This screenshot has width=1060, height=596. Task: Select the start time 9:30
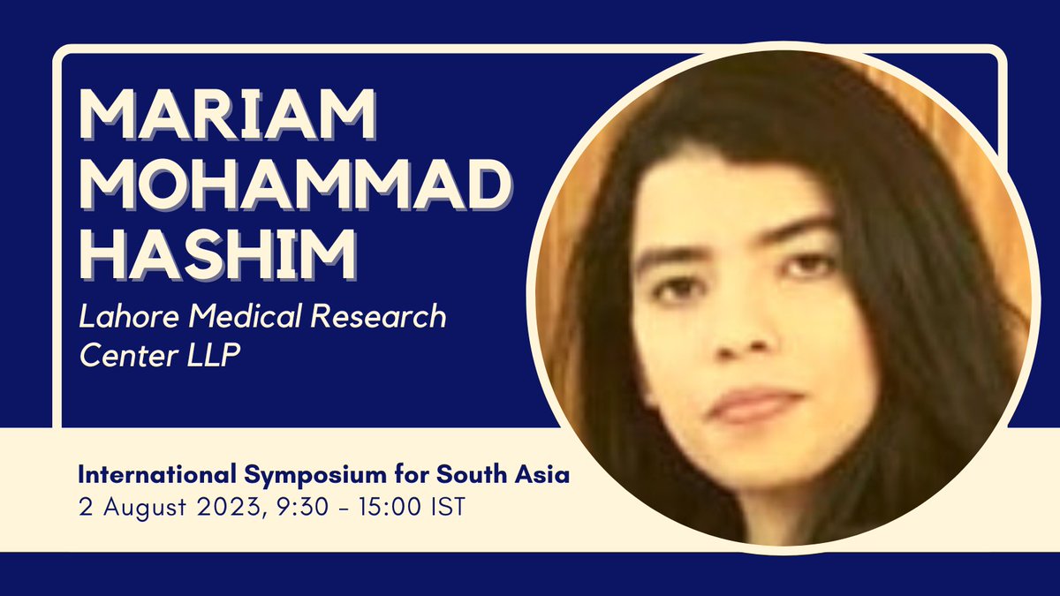click(x=273, y=510)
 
